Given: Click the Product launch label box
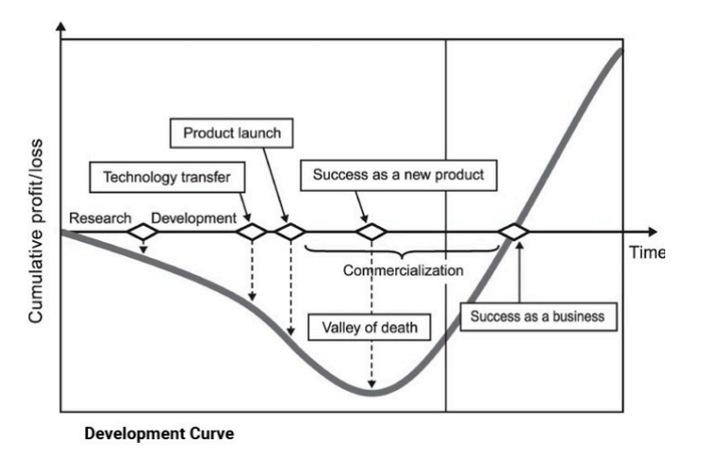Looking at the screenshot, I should click(232, 134).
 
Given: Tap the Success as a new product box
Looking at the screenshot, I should click(398, 175).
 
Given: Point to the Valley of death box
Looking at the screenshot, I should click(370, 327).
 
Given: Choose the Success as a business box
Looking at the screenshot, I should click(537, 316).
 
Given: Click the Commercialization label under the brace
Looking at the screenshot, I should click(403, 271).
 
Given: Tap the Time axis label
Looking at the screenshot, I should click(646, 252).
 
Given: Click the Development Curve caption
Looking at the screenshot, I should click(158, 434).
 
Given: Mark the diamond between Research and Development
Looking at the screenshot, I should click(144, 232).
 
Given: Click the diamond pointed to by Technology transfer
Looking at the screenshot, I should click(252, 232).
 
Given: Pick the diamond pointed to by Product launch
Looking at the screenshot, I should click(289, 232).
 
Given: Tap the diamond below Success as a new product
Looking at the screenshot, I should click(372, 232).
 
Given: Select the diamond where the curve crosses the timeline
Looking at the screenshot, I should click(514, 232).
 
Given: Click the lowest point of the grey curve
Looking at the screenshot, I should click(372, 393).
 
